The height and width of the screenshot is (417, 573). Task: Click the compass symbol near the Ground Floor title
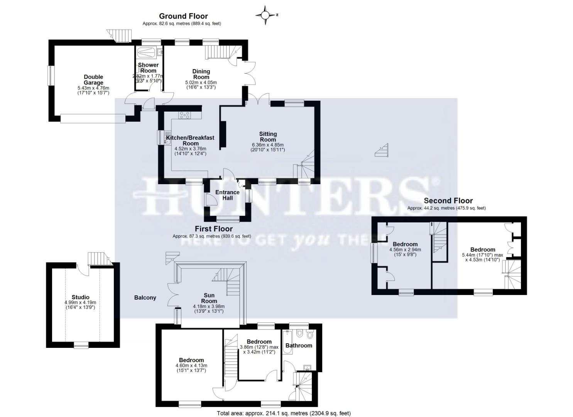(265, 15)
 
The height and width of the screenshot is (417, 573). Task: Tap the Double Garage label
(93, 80)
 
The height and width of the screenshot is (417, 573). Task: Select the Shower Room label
(148, 68)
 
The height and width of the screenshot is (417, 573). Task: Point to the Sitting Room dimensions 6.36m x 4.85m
(268, 147)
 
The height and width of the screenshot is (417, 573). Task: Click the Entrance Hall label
(227, 195)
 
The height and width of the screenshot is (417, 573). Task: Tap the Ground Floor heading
(183, 16)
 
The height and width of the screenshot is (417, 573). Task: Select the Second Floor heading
(448, 200)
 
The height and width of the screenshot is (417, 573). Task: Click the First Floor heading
(213, 229)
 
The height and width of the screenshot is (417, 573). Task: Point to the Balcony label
(145, 297)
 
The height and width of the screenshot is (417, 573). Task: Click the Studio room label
(80, 297)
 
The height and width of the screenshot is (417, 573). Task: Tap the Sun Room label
(209, 298)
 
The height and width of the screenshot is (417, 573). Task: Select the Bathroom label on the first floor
(299, 345)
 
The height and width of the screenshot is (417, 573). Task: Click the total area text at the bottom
(284, 413)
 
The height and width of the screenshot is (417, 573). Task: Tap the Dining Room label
(201, 74)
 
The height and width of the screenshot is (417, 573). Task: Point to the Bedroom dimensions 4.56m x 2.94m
(405, 252)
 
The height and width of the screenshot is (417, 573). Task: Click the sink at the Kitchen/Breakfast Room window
(167, 141)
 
